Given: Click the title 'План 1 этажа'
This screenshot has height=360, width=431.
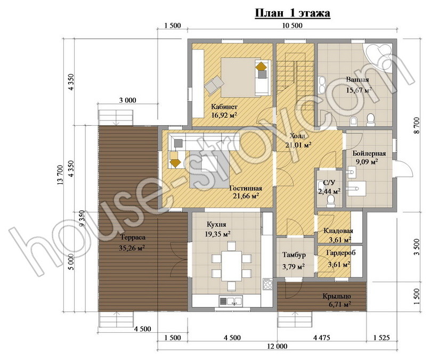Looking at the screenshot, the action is [292, 13].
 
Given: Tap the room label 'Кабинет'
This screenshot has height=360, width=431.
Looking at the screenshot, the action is [224, 107].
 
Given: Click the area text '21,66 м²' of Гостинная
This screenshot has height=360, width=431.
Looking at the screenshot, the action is [246, 196].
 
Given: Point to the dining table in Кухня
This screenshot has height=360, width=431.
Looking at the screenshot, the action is [231, 266].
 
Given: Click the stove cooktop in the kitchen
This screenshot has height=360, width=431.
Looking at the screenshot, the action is [267, 284].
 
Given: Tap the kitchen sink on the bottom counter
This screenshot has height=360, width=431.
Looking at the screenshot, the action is [231, 301].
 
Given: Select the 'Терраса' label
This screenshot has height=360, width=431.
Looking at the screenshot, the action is [133, 238].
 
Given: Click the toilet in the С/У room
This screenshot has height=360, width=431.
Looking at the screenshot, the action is [331, 202].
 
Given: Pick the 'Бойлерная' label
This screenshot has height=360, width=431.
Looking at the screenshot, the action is [369, 153].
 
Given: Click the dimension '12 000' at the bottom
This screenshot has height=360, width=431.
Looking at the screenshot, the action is [277, 347].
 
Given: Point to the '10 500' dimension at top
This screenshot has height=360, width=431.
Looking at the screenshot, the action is [292, 26].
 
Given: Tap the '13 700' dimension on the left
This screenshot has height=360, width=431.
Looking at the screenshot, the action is [60, 175].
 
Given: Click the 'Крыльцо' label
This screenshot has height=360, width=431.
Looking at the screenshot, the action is [337, 297].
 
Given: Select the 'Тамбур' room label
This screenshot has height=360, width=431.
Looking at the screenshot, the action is [294, 255].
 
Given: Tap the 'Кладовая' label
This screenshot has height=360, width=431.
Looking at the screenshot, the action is [338, 231].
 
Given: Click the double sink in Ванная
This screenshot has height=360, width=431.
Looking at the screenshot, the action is [322, 85].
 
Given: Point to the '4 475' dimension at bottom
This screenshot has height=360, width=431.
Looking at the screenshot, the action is [321, 338].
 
